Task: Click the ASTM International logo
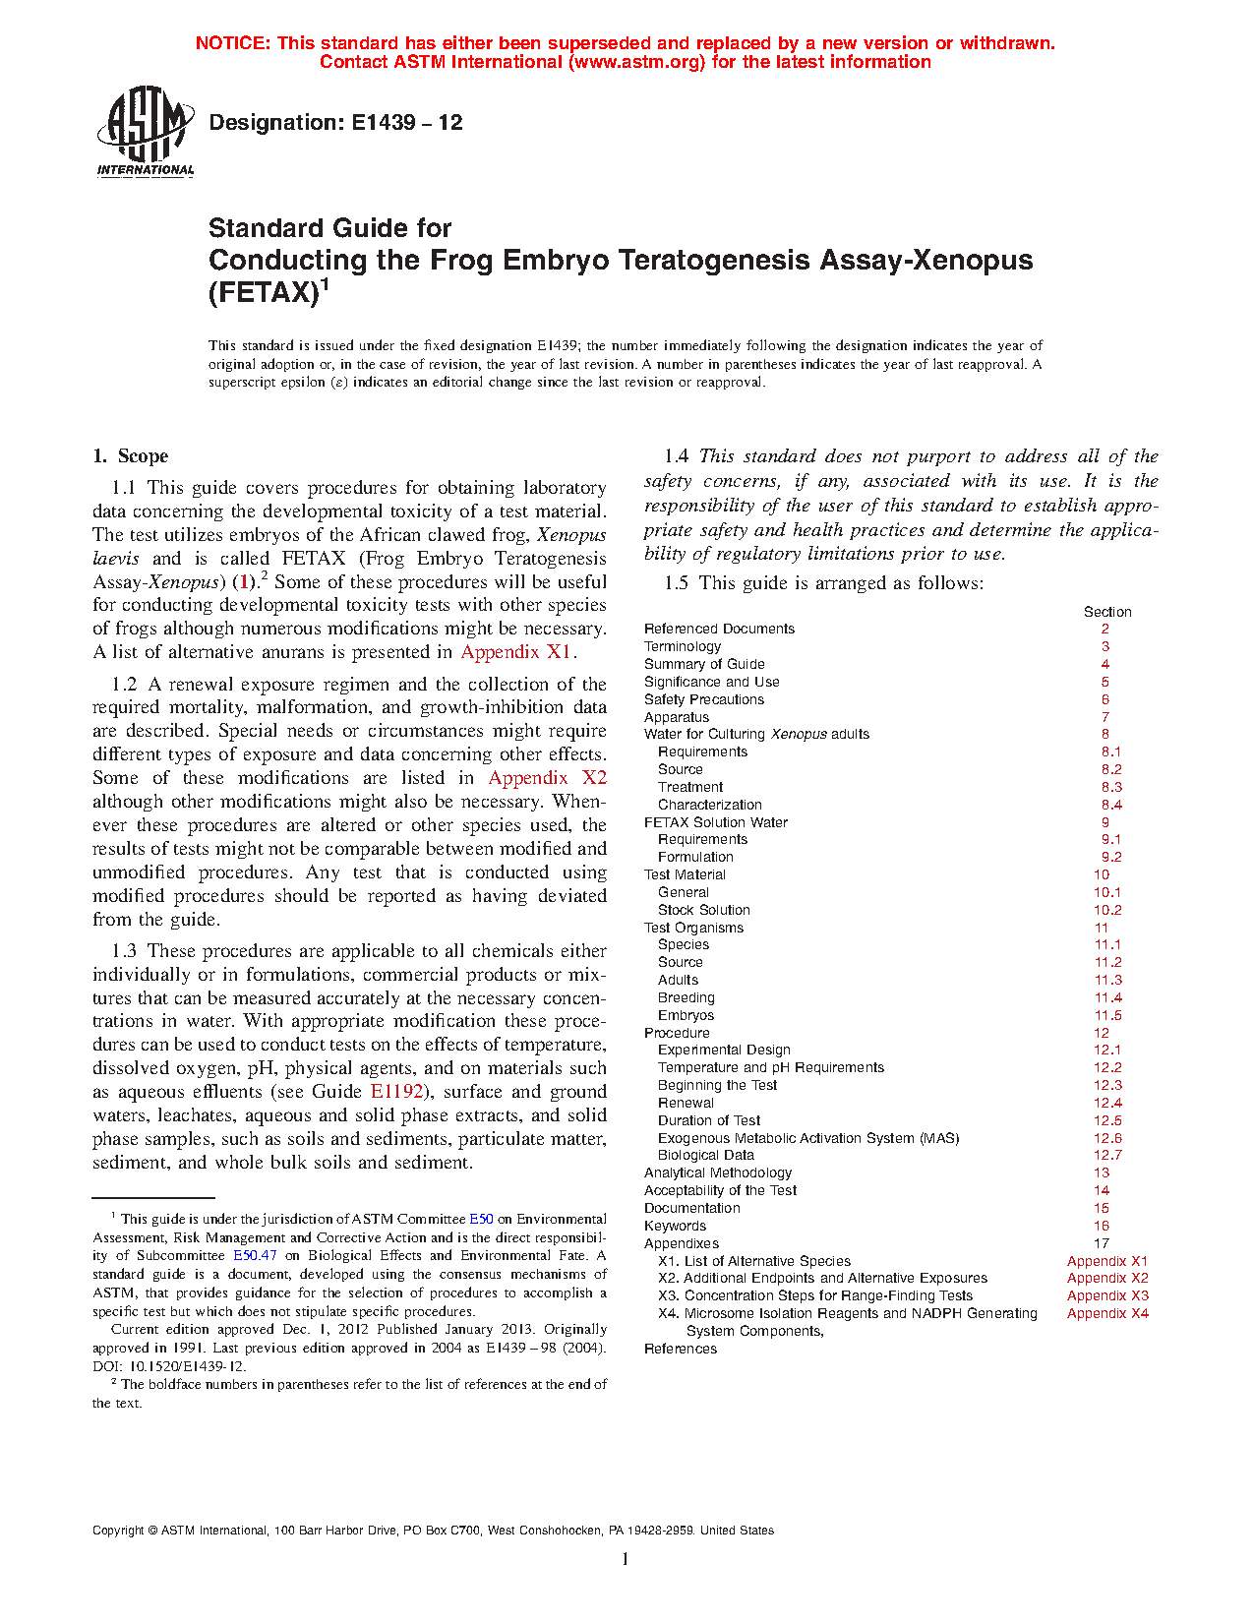click(x=145, y=131)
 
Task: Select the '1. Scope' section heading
click(x=131, y=455)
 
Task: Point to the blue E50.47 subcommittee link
click(x=255, y=1256)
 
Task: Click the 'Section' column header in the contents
click(x=1107, y=612)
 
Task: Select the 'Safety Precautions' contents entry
click(x=703, y=699)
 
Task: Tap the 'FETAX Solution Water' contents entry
click(x=715, y=822)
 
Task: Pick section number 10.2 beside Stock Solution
click(x=1107, y=910)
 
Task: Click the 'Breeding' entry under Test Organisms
click(x=686, y=997)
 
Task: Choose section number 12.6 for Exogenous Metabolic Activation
click(x=1107, y=1138)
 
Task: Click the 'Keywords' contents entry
click(x=675, y=1226)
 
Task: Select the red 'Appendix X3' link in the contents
click(x=1107, y=1295)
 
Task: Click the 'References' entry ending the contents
click(x=680, y=1349)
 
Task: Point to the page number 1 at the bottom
click(x=625, y=1558)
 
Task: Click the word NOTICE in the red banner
click(x=232, y=43)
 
